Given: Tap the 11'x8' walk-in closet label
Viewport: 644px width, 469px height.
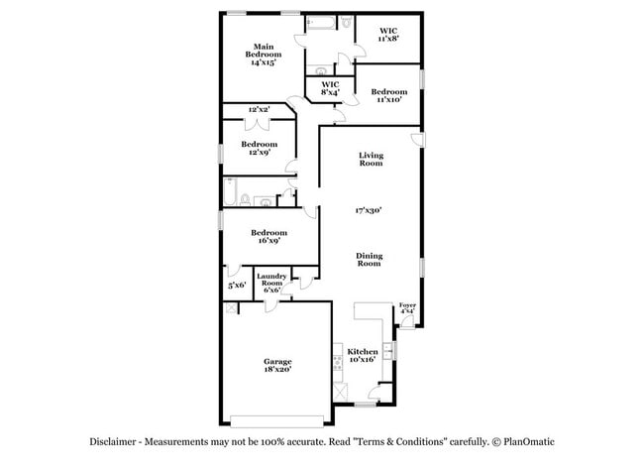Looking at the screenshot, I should coord(388,36).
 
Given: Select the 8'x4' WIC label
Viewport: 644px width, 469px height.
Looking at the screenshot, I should coord(330,89).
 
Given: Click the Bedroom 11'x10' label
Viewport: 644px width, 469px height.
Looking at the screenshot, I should coord(388,96).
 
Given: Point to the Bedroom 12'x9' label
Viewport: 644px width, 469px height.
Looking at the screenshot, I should coord(258,149).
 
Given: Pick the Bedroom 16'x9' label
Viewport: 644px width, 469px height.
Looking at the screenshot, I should coord(268,236).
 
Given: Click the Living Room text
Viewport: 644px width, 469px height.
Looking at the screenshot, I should coord(371,159).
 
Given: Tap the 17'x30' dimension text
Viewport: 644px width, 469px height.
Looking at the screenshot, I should coord(370,210).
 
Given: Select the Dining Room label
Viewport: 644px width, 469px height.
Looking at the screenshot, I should coord(369,260).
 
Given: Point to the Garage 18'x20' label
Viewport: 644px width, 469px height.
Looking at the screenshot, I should coord(276,365).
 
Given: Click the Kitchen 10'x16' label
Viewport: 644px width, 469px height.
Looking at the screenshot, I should coord(362,356).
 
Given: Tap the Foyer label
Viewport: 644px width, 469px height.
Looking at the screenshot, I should coord(406,307).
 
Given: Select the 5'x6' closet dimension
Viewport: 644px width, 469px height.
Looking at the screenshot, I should coord(237,286).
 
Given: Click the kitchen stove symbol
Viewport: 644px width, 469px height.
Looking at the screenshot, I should coord(341,390).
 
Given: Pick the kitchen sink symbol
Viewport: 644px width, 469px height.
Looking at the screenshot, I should coord(391,349).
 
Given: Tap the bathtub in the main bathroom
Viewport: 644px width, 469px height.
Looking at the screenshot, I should coord(322,23).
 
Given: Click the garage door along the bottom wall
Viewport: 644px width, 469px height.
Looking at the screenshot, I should coord(276,417).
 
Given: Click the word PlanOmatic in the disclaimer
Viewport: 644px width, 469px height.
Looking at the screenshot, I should coord(530,442).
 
